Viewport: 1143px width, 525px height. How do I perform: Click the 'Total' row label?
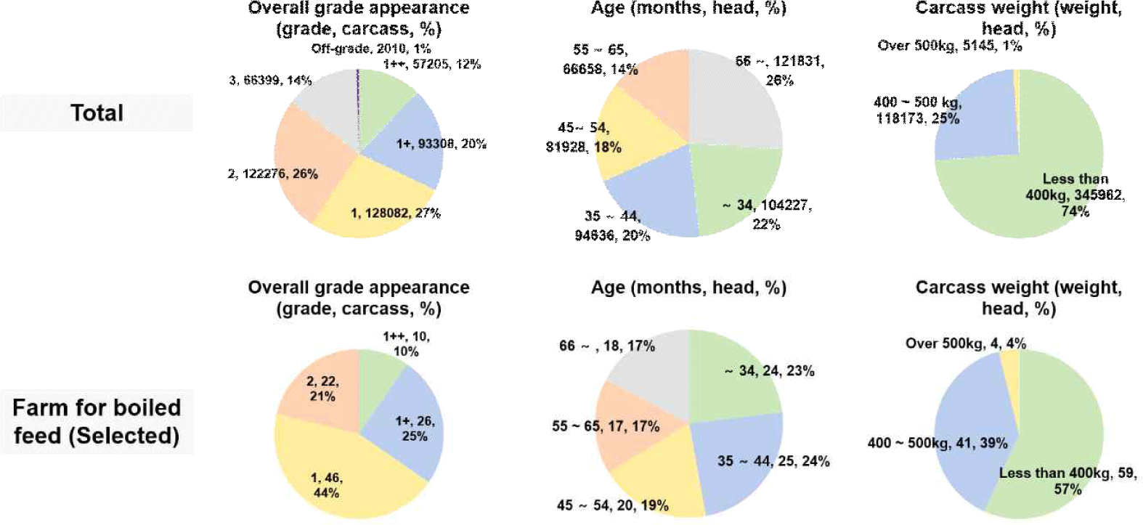point(97,113)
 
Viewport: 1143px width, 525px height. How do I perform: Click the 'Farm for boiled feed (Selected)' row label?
point(97,421)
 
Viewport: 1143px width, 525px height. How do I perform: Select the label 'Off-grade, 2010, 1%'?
point(370,49)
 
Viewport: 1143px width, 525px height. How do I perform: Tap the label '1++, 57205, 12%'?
point(431,64)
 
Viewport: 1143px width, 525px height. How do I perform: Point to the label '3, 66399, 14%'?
point(270,80)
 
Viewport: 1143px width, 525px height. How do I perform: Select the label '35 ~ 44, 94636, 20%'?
point(611,226)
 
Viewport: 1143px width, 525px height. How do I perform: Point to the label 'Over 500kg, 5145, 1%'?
point(949,46)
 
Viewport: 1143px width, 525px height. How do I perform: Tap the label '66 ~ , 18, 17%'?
point(606,346)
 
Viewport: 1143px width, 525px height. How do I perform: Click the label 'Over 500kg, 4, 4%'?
point(965,343)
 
